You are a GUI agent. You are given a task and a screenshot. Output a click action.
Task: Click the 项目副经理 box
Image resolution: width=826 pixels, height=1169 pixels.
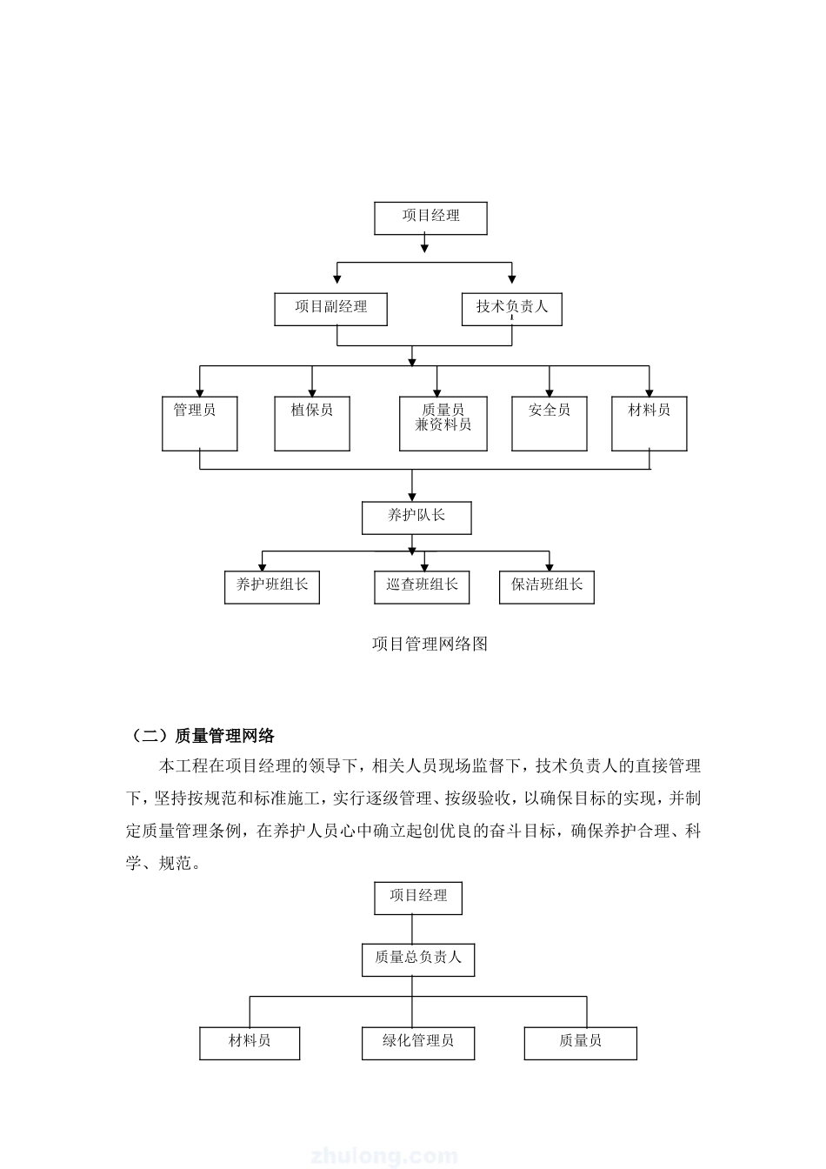tap(330, 309)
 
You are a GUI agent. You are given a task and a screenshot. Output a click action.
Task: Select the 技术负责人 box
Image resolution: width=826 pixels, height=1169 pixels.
tap(511, 309)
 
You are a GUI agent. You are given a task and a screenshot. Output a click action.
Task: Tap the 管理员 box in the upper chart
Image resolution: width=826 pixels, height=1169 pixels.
tap(200, 424)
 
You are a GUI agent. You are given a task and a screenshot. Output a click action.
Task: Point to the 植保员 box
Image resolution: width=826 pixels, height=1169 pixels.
tap(312, 424)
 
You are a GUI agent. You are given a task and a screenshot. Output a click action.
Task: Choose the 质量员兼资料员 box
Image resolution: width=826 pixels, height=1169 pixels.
tap(443, 424)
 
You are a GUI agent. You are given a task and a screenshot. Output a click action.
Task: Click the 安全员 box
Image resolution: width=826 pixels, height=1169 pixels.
tap(550, 424)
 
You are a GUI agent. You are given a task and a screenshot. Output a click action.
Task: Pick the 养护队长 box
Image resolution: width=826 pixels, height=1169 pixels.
tap(416, 518)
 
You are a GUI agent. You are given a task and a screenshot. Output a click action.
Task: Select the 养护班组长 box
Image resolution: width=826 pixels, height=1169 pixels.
tap(272, 587)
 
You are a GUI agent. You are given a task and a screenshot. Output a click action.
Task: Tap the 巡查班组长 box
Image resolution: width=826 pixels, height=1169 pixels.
tap(422, 587)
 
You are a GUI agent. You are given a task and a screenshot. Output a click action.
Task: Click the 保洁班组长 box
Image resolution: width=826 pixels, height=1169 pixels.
tap(547, 587)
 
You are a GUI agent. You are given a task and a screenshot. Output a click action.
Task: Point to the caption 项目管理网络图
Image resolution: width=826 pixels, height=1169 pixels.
tap(430, 644)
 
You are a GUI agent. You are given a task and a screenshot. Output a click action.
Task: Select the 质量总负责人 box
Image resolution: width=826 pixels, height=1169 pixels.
tap(418, 959)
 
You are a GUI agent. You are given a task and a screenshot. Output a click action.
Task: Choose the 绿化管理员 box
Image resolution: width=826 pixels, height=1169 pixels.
tap(418, 1043)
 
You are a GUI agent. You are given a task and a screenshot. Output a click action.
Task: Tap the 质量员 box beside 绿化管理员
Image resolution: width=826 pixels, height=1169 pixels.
tap(581, 1043)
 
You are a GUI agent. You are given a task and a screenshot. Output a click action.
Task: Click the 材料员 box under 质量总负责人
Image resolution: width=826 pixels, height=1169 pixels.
tap(250, 1043)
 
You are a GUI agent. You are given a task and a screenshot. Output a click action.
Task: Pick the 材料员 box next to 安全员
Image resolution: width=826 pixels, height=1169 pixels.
tap(649, 424)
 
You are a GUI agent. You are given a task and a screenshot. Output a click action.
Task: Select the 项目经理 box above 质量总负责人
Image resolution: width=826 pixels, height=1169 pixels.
tap(418, 898)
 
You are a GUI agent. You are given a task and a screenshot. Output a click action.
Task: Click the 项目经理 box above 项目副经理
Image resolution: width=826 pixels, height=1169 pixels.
tap(430, 218)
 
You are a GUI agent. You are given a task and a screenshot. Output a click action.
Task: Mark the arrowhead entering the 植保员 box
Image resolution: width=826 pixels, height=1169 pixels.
tap(312, 393)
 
